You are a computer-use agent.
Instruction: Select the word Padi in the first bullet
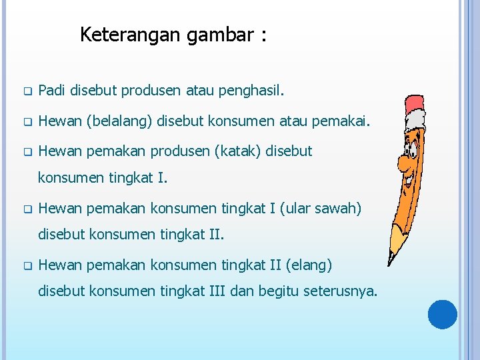(x=52, y=90)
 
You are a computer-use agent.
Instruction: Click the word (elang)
(x=309, y=265)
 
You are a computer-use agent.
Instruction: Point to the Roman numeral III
(x=202, y=292)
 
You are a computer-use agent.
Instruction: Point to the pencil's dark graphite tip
(x=391, y=263)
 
